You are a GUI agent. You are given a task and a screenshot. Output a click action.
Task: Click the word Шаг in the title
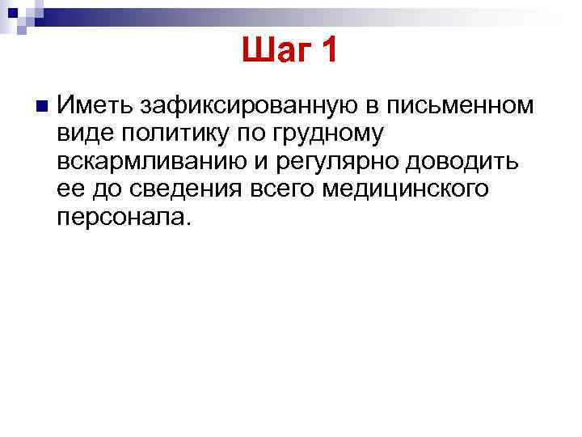coord(275,53)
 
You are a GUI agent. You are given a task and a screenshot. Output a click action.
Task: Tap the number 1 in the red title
coord(327,53)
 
